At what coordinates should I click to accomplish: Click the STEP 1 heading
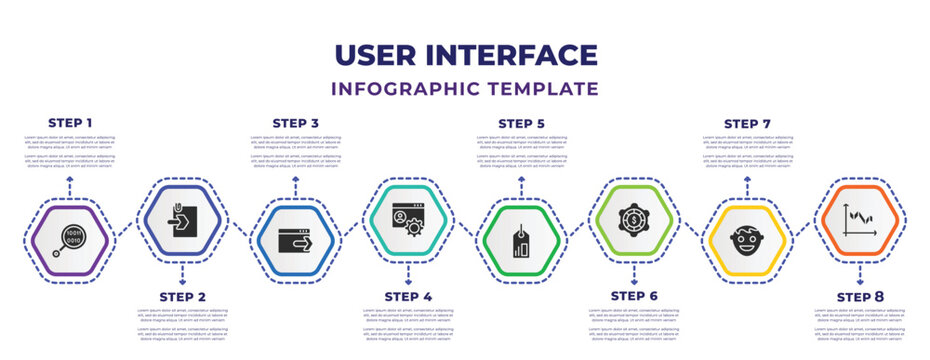click(x=70, y=122)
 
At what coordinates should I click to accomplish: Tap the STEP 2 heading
click(x=182, y=296)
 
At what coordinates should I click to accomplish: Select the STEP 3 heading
click(x=295, y=122)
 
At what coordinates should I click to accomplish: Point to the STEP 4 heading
click(x=408, y=296)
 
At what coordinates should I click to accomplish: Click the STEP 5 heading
click(x=521, y=122)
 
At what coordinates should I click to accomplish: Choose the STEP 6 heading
click(x=634, y=296)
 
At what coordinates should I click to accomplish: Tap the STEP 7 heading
click(x=747, y=122)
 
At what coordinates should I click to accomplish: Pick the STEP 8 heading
click(x=860, y=296)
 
